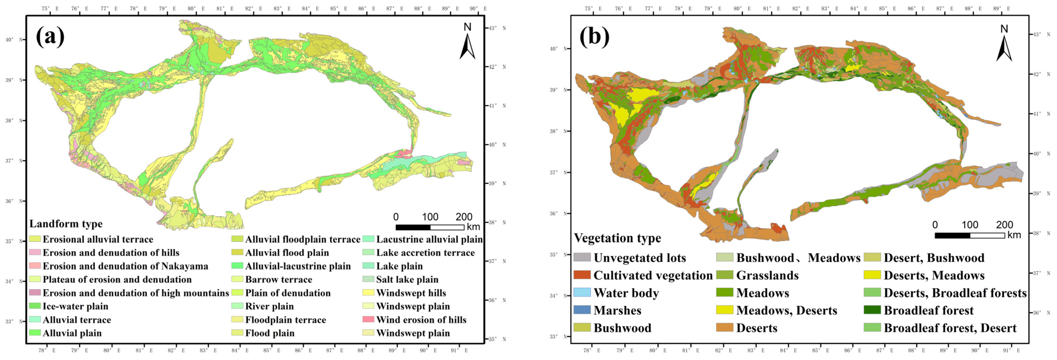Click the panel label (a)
click(x=50, y=36)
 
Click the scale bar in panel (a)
click(x=430, y=227)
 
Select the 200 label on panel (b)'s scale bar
click(x=1004, y=225)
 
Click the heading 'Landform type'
click(x=66, y=224)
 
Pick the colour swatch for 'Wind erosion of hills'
click(x=368, y=319)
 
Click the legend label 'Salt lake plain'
click(x=407, y=279)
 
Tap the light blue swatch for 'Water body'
click(x=582, y=292)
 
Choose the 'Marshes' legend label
click(x=617, y=310)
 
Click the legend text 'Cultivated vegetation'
click(x=653, y=275)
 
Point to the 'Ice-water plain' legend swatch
click(x=35, y=306)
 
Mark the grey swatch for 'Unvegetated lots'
click(x=582, y=257)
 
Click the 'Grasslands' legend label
click(x=767, y=275)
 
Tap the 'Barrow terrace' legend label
click(x=279, y=279)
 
